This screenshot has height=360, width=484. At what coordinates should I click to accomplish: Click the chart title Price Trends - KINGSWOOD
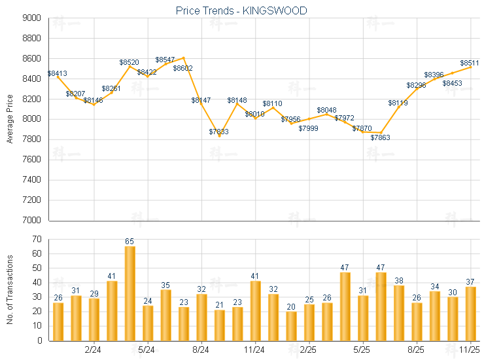[x=241, y=11]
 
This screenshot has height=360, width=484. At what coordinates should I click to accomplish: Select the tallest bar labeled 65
[x=130, y=293]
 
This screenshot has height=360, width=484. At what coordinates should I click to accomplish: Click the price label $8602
[x=182, y=68]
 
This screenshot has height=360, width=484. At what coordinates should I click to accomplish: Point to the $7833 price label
[x=219, y=132]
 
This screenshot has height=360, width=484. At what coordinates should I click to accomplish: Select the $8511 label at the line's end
[x=470, y=63]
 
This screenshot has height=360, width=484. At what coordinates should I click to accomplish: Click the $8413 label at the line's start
[x=58, y=73]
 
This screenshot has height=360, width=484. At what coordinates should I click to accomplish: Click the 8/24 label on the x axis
[x=201, y=351]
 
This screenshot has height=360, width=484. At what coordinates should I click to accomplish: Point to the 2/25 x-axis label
[x=309, y=351]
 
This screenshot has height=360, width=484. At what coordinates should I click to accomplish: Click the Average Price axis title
[x=10, y=119]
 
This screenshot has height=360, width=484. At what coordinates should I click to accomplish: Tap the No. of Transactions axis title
[x=10, y=289]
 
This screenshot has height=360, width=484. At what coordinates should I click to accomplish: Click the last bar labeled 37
[x=470, y=314]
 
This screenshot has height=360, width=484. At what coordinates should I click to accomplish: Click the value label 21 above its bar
[x=220, y=305]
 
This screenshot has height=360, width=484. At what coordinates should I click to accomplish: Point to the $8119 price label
[x=398, y=103]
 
